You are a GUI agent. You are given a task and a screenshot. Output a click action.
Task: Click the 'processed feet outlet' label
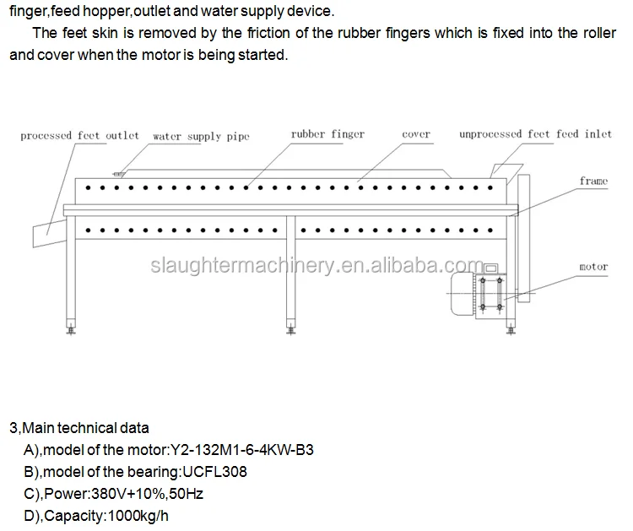(x=79, y=136)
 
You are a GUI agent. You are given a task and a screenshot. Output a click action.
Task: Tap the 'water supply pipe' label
(x=201, y=137)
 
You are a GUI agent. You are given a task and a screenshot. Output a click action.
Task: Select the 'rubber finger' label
(x=327, y=134)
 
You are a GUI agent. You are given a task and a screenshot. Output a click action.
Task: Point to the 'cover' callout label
(x=416, y=134)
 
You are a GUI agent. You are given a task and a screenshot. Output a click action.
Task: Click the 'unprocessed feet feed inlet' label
(x=535, y=134)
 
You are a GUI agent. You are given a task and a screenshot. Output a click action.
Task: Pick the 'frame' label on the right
(x=594, y=181)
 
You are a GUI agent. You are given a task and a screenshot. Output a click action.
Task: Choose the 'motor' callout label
(x=593, y=267)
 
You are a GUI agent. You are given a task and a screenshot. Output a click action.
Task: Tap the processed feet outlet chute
(x=49, y=233)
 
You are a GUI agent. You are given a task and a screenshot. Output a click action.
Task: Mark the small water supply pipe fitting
(x=119, y=174)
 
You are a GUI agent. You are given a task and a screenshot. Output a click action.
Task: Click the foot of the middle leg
(x=290, y=327)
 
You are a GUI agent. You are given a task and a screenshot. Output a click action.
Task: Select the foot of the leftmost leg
(x=71, y=327)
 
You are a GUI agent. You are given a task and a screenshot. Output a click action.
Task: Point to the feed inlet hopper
(x=507, y=173)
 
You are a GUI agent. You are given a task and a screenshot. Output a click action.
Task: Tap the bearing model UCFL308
(x=214, y=472)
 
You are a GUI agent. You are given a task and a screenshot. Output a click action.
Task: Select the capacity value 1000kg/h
(x=138, y=516)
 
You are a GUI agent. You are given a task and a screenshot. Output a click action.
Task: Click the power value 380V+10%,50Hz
(x=148, y=494)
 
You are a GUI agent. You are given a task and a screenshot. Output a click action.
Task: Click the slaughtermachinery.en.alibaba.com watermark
(x=317, y=265)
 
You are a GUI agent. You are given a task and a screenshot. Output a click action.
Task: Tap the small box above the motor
(x=491, y=268)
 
